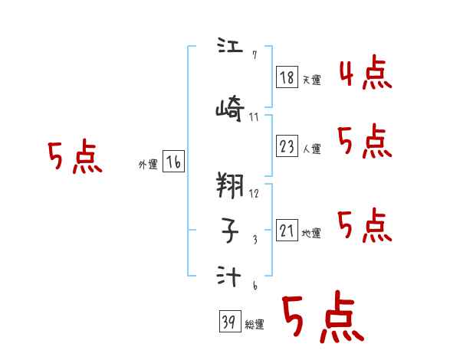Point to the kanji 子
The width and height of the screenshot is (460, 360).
click(229, 227)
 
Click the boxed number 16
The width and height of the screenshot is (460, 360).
click(173, 162)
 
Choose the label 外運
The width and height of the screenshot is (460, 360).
click(148, 165)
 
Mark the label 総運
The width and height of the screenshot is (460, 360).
click(255, 325)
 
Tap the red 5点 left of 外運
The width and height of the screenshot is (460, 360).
click(74, 157)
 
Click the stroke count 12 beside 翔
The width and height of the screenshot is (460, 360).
click(254, 193)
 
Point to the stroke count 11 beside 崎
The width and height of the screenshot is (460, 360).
click(254, 117)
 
